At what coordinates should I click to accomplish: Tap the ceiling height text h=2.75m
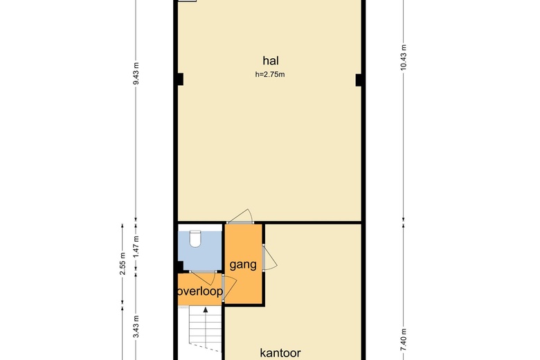pos(269,74)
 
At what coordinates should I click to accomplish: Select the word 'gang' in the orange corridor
pos(243,265)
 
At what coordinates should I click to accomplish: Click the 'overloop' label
pos(200,291)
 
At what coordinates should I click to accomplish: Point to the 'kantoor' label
pos(280,352)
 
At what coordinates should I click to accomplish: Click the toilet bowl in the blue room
pos(195,240)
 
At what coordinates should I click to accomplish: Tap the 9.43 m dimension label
pos(136,73)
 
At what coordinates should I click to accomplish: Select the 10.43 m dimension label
pos(403,62)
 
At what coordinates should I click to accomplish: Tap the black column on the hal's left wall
pos(179,80)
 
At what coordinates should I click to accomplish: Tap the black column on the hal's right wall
pos(359,80)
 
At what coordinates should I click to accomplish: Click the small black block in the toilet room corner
pos(180,266)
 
